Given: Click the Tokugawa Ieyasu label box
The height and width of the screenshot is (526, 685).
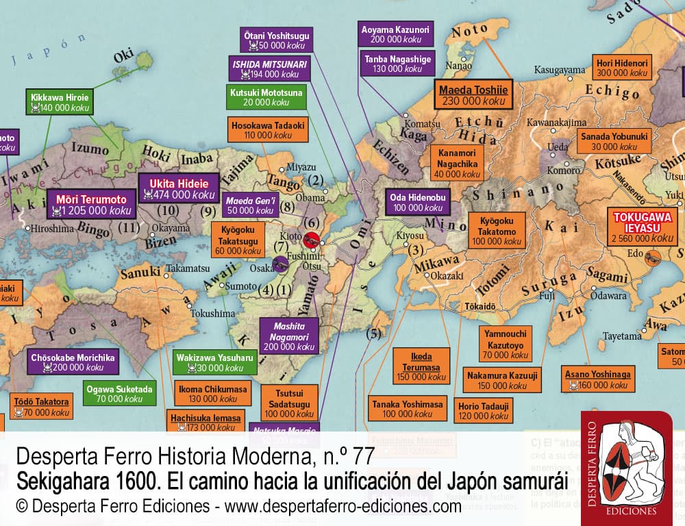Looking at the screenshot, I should click(643, 227).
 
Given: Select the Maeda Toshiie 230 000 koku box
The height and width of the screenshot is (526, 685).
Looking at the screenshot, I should click(473, 95).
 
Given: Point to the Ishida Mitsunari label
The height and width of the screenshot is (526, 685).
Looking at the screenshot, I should click(269, 68).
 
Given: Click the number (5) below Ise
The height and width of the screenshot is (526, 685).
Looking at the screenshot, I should click(373, 334).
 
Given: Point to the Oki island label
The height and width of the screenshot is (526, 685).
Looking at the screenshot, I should click(124, 58).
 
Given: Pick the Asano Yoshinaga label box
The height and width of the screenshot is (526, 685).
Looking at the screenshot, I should click(597, 379).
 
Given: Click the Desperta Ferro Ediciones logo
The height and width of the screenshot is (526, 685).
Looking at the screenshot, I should click(626, 468).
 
